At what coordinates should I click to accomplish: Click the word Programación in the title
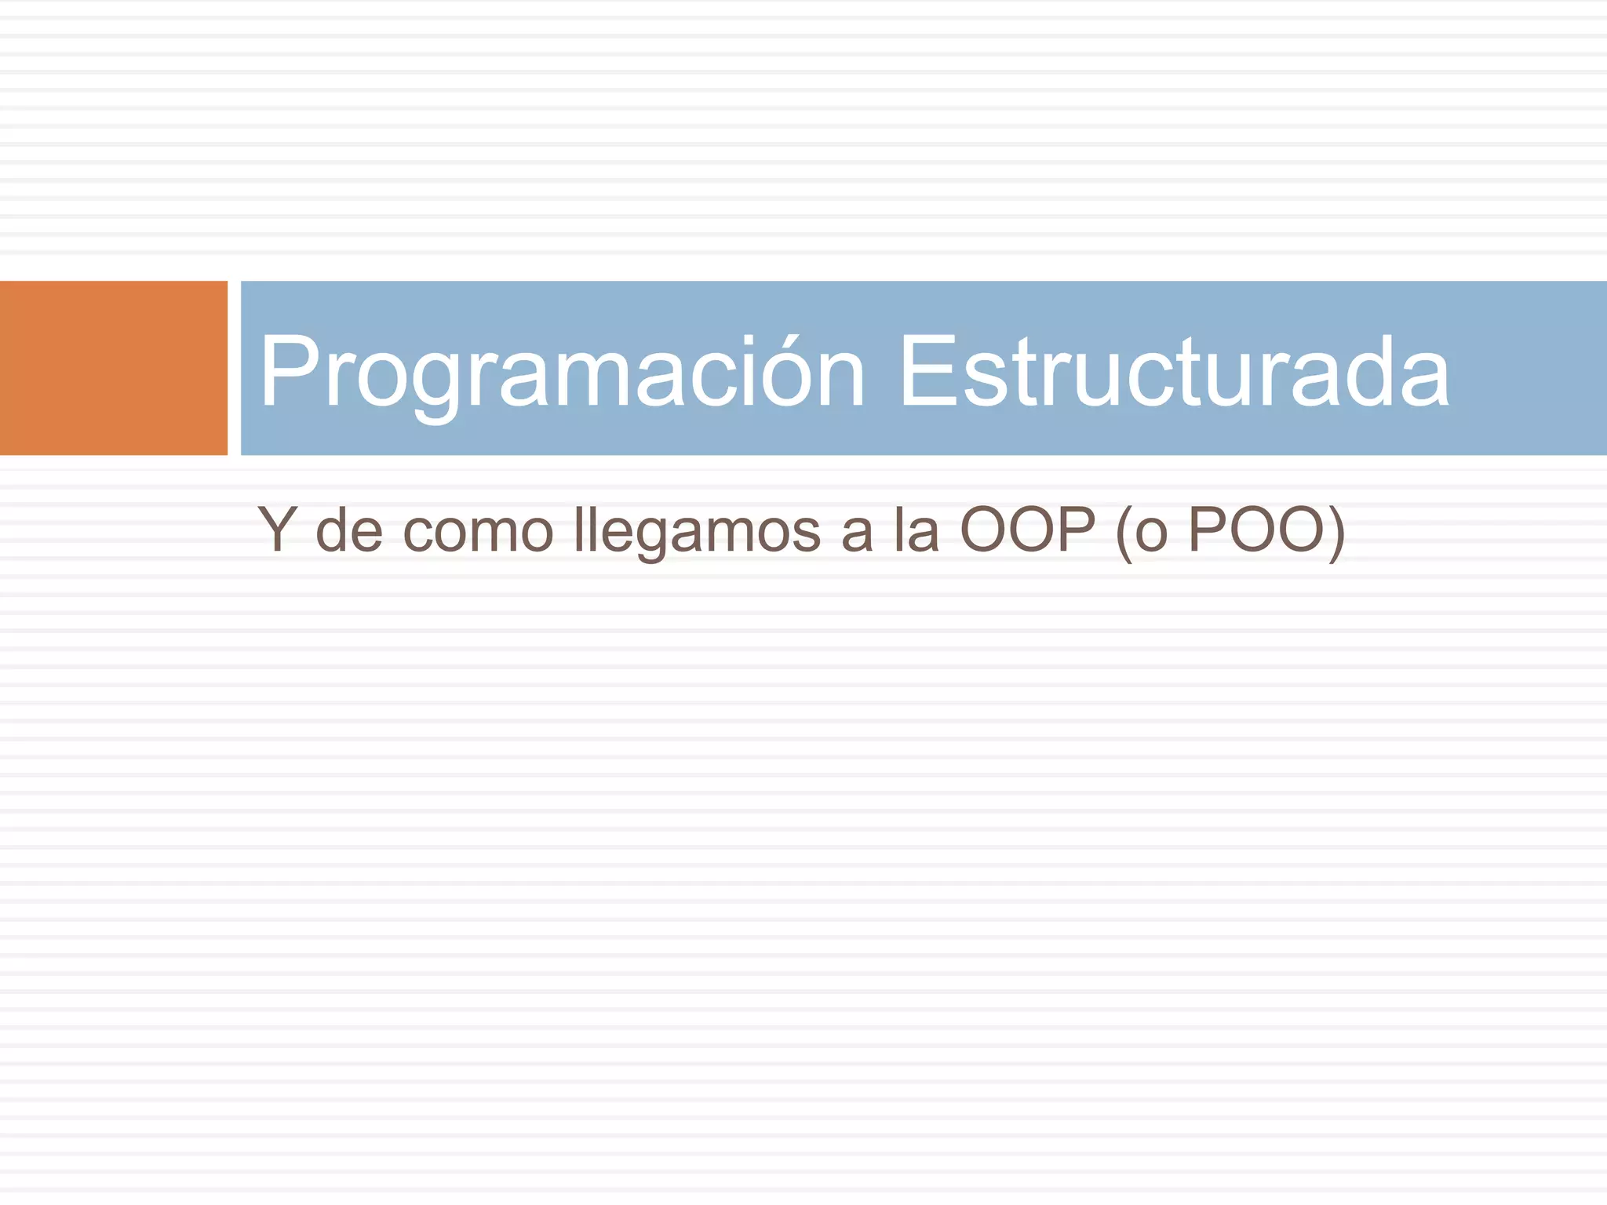pyautogui.click(x=561, y=372)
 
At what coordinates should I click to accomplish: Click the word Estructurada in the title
pyautogui.click(x=1173, y=372)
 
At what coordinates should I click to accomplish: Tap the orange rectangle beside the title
pyautogui.click(x=113, y=367)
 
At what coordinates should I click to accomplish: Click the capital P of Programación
pyautogui.click(x=287, y=370)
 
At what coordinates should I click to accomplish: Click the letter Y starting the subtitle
pyautogui.click(x=277, y=529)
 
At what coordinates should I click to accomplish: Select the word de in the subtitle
pyautogui.click(x=349, y=530)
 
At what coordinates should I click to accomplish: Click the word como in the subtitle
pyautogui.click(x=478, y=532)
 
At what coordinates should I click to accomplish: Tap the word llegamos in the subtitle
pyautogui.click(x=698, y=532)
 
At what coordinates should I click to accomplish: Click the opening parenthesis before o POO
pyautogui.click(x=1124, y=532)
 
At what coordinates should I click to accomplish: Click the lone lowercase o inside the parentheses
pyautogui.click(x=1151, y=533)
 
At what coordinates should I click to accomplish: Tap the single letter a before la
pyautogui.click(x=857, y=533)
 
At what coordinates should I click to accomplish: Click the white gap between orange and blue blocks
pyautogui.click(x=234, y=367)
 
